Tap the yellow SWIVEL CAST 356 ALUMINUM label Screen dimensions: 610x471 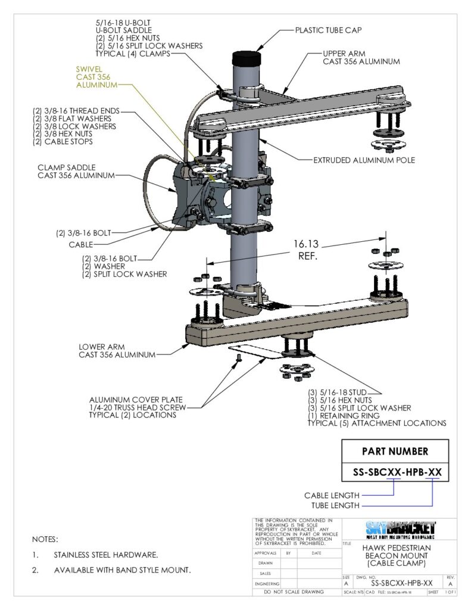(95, 77)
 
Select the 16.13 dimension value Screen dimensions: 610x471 (307, 244)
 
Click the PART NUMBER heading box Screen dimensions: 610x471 (394, 451)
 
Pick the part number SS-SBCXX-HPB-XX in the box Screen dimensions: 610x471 (394, 472)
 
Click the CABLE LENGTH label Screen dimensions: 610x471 (332, 495)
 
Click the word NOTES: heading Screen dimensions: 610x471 (45, 539)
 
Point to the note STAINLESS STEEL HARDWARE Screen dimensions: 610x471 (105, 555)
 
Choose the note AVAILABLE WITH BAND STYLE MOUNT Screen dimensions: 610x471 (122, 570)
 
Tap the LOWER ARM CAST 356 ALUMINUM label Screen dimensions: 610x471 (117, 350)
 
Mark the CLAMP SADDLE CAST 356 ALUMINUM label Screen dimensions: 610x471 (74, 171)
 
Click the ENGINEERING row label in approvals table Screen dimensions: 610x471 (267, 584)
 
